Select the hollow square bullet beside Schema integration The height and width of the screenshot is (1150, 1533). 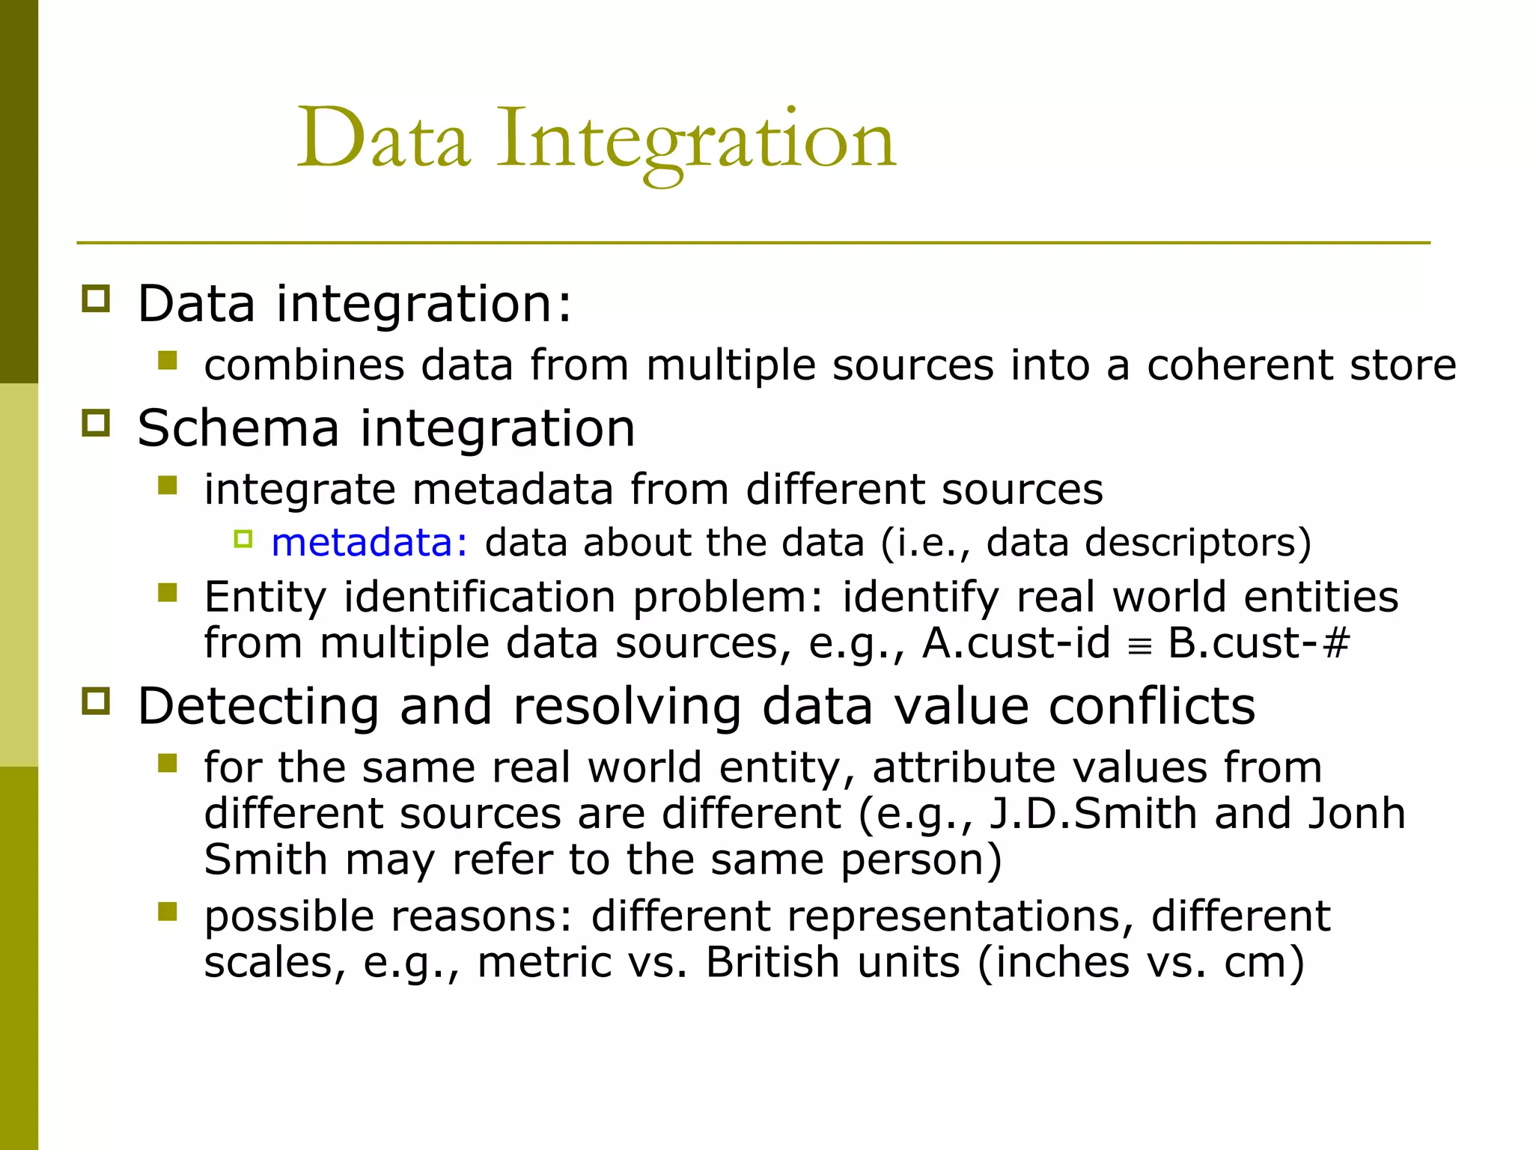click(x=96, y=423)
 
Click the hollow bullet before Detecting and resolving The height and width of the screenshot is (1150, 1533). click(x=96, y=702)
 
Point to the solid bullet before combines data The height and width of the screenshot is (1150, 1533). click(x=168, y=362)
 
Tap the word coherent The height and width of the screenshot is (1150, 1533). click(x=1239, y=365)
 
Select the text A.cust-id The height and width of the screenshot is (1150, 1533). click(x=1016, y=643)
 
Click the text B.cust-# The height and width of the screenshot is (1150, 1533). click(x=1259, y=643)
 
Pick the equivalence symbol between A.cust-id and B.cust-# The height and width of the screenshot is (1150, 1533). click(x=1139, y=646)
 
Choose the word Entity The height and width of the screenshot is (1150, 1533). click(x=265, y=597)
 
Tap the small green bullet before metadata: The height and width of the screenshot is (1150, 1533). click(x=243, y=539)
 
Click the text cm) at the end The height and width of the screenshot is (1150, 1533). click(x=1264, y=962)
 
